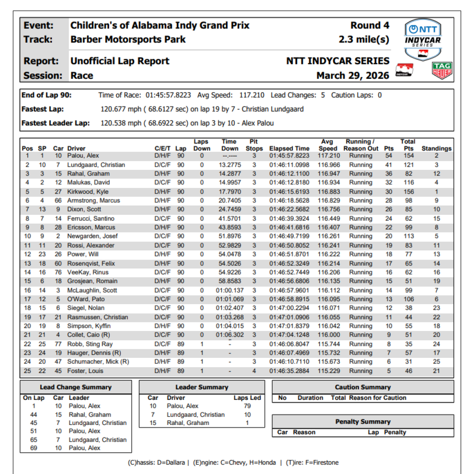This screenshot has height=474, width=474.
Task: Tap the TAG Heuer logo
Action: [x=442, y=71]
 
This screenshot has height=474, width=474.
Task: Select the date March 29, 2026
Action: [x=353, y=75]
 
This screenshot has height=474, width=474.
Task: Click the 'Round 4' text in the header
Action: [x=370, y=25]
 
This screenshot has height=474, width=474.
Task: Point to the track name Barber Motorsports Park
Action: [x=128, y=39]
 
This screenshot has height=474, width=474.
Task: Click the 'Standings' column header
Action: [x=436, y=149]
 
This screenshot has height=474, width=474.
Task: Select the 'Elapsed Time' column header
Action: [x=289, y=149]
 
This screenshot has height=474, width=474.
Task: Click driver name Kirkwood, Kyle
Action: [x=88, y=192]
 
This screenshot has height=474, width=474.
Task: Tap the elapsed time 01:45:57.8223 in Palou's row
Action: [x=289, y=156]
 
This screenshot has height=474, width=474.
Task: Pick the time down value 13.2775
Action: [x=230, y=165]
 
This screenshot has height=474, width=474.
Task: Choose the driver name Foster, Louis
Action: [x=85, y=371]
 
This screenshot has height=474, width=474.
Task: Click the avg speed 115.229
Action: [x=328, y=371]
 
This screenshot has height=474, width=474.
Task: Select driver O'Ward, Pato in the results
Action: [x=86, y=299]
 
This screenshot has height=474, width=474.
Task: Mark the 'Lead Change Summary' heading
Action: [x=75, y=387]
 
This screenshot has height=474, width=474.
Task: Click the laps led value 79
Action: [x=247, y=406]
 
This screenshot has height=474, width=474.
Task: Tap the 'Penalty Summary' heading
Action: [x=363, y=422]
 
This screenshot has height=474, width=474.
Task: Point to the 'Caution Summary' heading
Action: [x=363, y=387]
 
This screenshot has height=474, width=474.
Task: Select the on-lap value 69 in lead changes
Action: [x=34, y=448]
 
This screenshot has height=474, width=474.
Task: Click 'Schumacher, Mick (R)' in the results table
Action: [x=98, y=362]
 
